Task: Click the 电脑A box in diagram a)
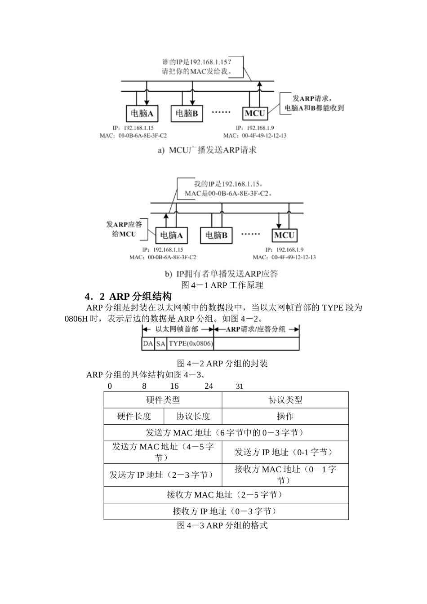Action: [x=142, y=113]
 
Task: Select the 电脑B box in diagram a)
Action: [x=187, y=113]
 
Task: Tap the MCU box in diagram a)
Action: [x=255, y=113]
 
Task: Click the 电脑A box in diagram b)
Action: [x=172, y=235]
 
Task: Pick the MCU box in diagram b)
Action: [x=284, y=235]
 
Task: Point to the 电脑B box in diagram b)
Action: [x=216, y=235]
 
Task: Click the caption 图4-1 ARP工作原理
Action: [x=222, y=285]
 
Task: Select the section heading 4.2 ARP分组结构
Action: [x=128, y=297]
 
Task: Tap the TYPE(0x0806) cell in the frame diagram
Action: [x=191, y=344]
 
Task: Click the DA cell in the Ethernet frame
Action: [x=148, y=344]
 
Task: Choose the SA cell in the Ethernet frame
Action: [x=161, y=344]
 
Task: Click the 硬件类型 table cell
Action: [x=163, y=400]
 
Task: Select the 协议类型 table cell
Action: [x=285, y=400]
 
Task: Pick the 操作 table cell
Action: [x=285, y=416]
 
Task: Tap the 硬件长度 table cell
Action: [x=134, y=416]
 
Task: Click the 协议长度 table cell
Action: [x=193, y=416]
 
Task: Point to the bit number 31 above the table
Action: [x=240, y=386]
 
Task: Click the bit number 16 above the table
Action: [x=174, y=386]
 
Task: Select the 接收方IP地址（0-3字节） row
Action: [x=226, y=511]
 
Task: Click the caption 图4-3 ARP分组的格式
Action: [x=222, y=525]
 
